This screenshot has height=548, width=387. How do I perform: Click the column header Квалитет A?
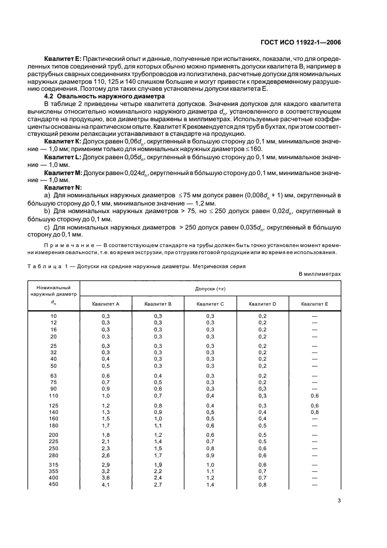tap(106, 304)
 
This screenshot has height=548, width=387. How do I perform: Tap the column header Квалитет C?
tap(210, 304)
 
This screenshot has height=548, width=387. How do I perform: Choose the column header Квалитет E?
tap(314, 304)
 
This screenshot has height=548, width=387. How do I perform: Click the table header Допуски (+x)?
tap(210, 289)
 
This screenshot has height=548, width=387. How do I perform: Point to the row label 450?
tap(54, 484)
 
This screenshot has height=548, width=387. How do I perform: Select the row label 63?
tap(54, 376)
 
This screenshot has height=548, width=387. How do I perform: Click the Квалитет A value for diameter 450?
tap(106, 484)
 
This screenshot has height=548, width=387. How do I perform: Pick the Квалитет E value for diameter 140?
tap(314, 412)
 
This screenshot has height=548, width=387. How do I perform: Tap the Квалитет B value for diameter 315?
tap(158, 464)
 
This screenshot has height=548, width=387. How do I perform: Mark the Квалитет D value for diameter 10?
tap(262, 316)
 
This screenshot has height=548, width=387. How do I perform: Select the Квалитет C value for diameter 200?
tap(210, 434)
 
